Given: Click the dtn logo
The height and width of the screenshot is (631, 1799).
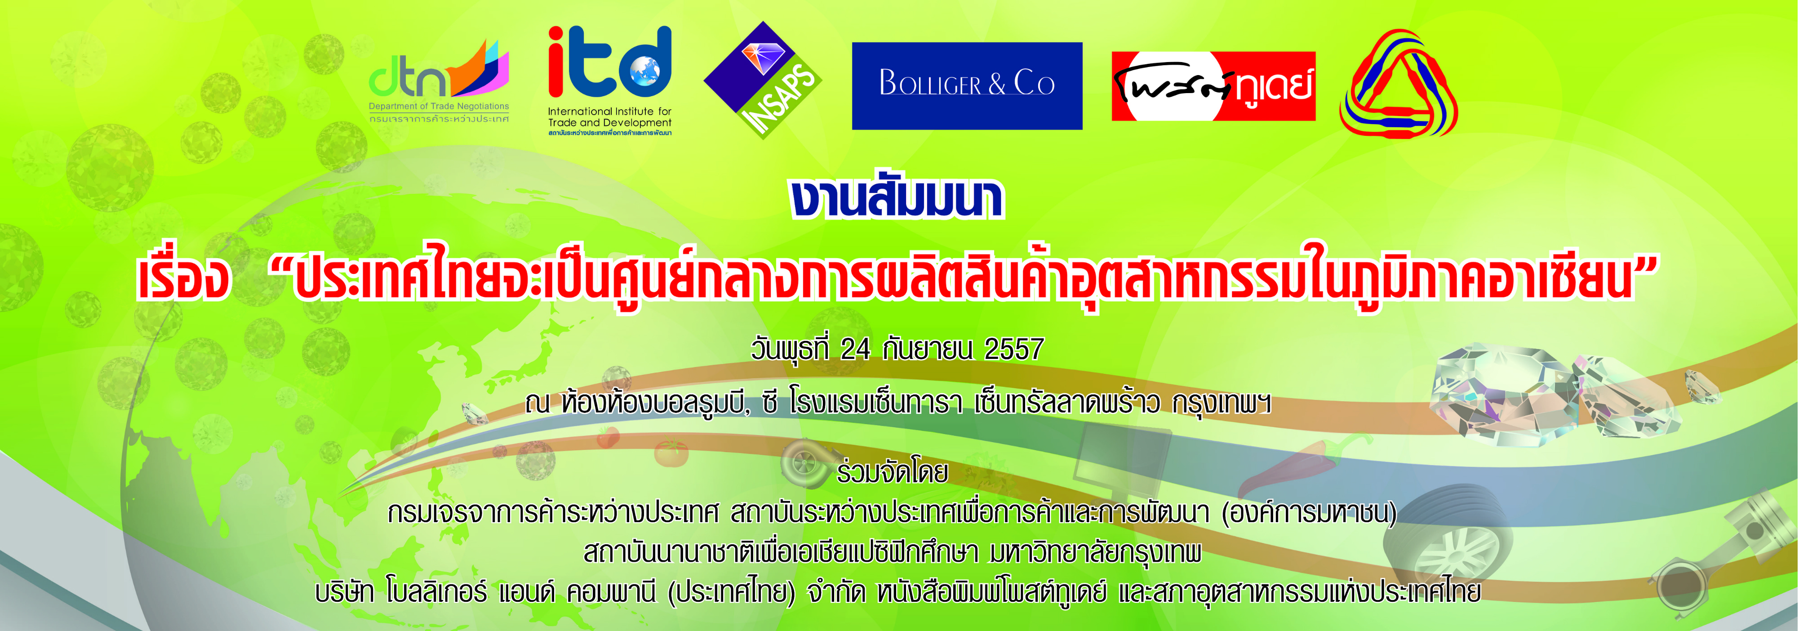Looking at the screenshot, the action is (439, 81).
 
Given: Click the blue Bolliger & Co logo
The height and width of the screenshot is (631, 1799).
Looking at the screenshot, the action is (967, 85).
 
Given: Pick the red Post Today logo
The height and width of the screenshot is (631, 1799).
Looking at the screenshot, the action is (1213, 86).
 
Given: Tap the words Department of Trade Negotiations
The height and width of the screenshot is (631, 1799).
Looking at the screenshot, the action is (439, 106).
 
